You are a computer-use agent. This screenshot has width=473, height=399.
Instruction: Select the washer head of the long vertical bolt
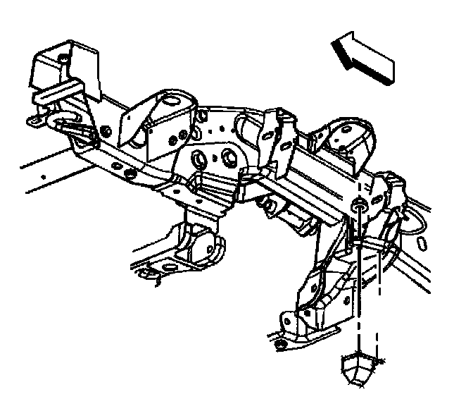click(358, 205)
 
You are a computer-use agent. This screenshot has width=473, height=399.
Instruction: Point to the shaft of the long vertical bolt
click(359, 282)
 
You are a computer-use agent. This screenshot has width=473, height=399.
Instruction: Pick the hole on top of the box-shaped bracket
click(63, 56)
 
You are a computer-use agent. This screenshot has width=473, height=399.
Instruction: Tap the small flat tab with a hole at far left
click(37, 121)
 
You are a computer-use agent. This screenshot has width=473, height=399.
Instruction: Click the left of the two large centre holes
click(200, 158)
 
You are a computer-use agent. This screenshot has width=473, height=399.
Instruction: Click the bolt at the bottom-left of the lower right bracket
click(282, 344)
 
